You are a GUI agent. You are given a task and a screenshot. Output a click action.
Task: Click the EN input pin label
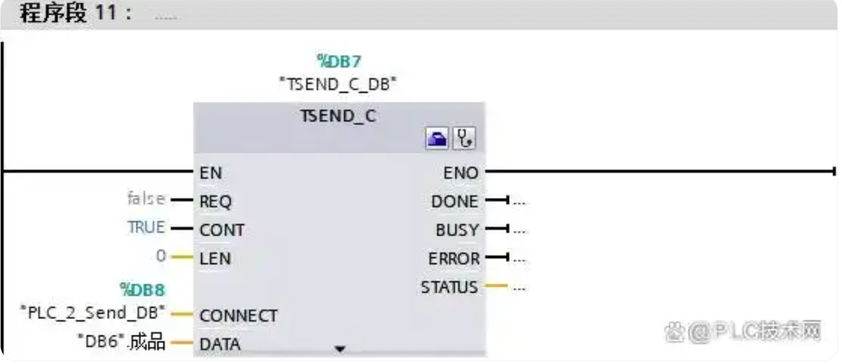(210, 173)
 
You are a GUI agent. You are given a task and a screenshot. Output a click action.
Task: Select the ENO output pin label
(461, 173)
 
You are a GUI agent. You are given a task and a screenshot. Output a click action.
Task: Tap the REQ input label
(215, 203)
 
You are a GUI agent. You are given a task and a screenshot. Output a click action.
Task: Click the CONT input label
(222, 230)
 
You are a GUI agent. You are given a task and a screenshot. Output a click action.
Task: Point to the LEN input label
(215, 259)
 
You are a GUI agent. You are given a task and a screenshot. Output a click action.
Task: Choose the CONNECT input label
(238, 316)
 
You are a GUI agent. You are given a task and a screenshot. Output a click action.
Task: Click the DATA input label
(220, 344)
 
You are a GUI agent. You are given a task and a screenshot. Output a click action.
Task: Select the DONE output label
(454, 202)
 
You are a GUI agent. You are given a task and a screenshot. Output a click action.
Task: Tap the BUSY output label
(457, 230)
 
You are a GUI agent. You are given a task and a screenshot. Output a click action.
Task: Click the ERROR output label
(454, 259)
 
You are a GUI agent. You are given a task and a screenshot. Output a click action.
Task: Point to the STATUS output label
(449, 288)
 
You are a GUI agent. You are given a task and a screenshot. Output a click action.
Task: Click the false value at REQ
(146, 198)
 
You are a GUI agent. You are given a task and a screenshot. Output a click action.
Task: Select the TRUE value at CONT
(146, 227)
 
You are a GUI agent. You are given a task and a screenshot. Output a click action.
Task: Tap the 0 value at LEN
(161, 255)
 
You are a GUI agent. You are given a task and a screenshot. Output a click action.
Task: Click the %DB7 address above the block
(340, 62)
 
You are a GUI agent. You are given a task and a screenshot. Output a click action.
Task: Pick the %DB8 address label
(142, 290)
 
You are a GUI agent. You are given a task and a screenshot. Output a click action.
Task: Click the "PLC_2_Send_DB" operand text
(93, 312)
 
